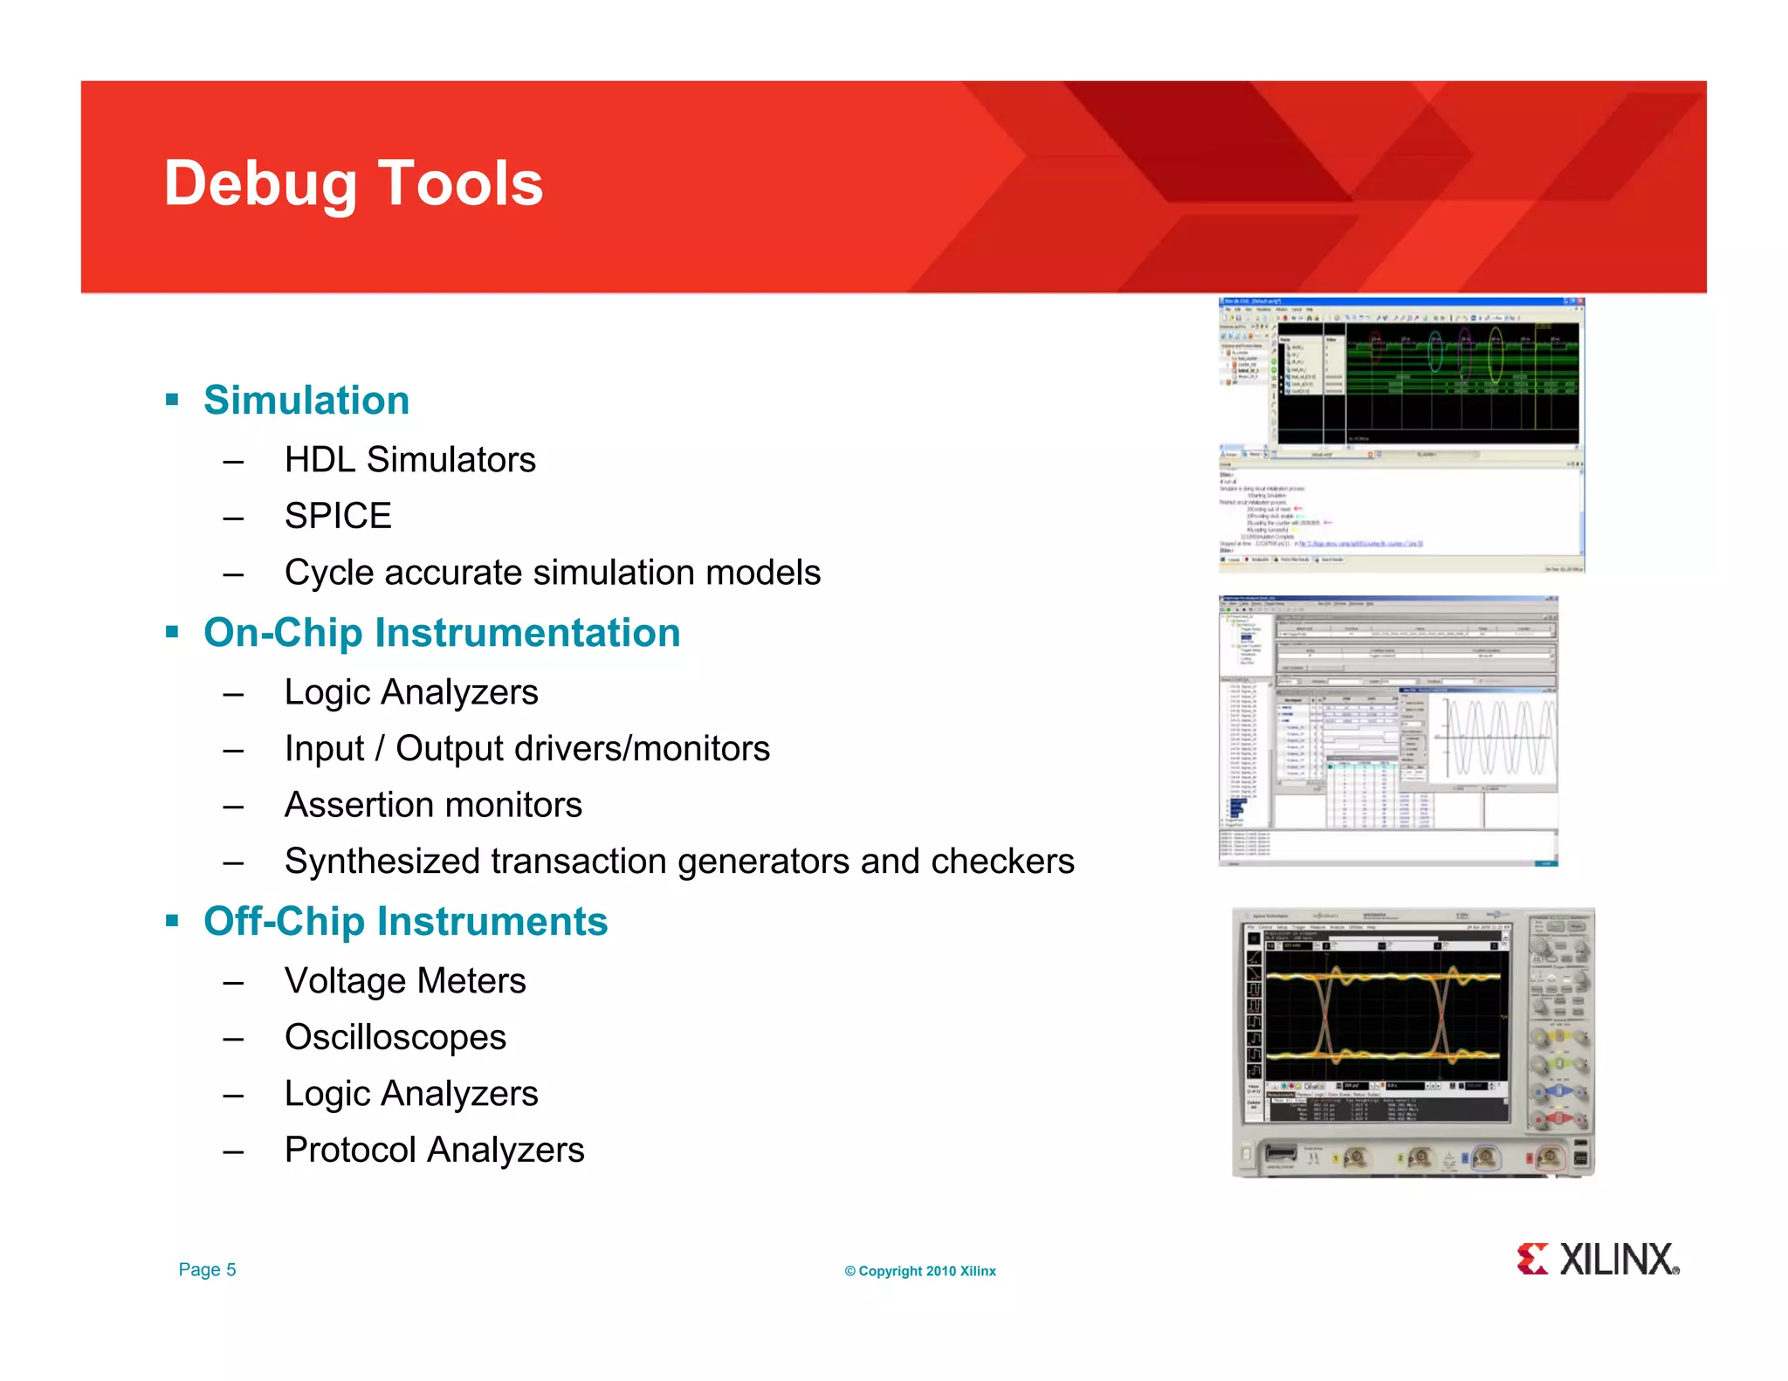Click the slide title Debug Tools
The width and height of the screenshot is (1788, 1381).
353,184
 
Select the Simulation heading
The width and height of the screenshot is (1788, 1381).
306,401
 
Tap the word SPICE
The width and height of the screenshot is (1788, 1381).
338,516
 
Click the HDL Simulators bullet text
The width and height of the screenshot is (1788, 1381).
409,460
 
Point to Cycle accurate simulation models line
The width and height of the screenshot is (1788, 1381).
552,573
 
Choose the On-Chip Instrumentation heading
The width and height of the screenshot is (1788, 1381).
442,633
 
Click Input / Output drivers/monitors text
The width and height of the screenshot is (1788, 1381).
526,749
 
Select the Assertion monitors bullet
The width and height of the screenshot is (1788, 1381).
433,805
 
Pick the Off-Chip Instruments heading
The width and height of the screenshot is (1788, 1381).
405,922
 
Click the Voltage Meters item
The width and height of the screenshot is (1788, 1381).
405,981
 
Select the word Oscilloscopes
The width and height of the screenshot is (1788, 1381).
395,1038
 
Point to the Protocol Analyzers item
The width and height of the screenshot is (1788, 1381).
434,1151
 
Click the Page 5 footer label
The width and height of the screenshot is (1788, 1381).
207,1270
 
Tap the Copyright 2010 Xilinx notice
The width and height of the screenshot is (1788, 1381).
919,1271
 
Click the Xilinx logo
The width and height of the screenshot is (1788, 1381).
1597,1260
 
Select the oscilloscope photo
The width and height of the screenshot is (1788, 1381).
1413,1042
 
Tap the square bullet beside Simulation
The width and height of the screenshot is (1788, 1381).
172,401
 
